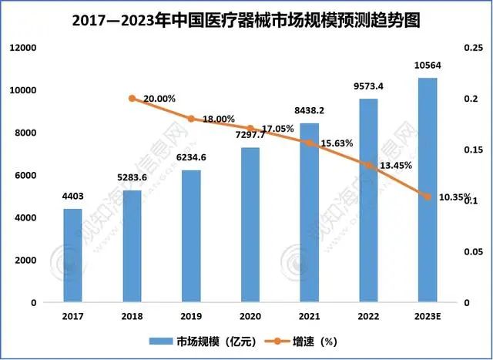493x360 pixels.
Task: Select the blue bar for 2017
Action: pos(72,255)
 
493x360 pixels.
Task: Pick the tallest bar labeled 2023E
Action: pos(428,190)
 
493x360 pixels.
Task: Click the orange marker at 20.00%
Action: pos(132,99)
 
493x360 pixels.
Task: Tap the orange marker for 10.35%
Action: pos(428,197)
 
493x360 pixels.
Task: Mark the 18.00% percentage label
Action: pos(219,119)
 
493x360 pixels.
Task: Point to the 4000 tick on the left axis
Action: pos(26,218)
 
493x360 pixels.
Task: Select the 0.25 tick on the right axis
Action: pos(471,48)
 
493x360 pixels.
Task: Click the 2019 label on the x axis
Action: pos(191,316)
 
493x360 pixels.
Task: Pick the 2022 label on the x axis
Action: pos(368,316)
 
